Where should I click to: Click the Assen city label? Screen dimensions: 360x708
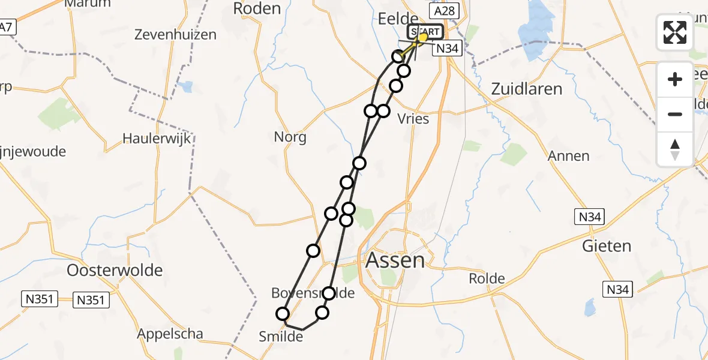395,260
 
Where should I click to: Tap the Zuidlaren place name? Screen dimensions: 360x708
526,89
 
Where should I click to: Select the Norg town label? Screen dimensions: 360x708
290,137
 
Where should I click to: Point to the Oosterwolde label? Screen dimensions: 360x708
115,270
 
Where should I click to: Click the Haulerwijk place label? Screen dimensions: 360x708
156,138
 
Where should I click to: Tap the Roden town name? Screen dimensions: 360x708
257,8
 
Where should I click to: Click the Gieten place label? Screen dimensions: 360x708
607,246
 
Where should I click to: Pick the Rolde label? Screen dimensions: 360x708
487,279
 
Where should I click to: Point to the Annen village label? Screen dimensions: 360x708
568,156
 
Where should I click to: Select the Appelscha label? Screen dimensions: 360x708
170,334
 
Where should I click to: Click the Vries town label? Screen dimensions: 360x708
413,119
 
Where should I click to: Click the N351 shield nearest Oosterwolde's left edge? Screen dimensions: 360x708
40,299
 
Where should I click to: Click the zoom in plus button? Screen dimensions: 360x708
675,79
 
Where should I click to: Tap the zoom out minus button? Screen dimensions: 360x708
675,114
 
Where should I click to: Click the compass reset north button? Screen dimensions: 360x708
675,149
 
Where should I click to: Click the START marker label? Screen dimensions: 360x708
425,32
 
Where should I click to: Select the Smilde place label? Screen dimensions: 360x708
281,337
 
